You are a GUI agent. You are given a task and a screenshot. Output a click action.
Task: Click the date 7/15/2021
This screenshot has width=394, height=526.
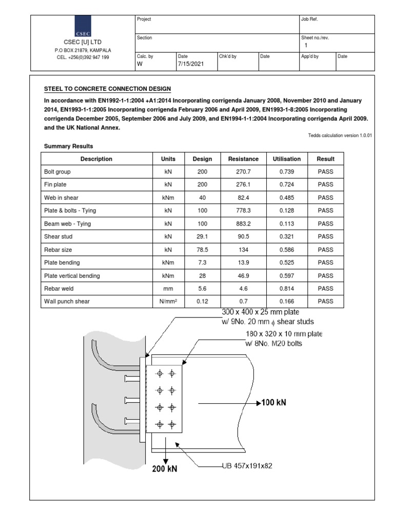point(187,64)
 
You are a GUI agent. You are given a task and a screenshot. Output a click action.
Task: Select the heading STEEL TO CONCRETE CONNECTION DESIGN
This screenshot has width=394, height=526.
point(108,89)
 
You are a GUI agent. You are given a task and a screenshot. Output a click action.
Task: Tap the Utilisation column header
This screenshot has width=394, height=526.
point(287,159)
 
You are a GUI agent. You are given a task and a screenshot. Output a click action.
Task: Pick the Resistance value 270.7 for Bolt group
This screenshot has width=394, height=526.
point(243,172)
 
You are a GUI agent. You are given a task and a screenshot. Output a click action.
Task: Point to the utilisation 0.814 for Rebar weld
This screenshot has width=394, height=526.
point(287,289)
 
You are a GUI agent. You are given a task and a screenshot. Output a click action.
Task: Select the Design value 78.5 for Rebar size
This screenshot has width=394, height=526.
point(202,250)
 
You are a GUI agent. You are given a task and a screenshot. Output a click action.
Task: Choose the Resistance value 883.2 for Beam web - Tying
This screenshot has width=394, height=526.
point(243,224)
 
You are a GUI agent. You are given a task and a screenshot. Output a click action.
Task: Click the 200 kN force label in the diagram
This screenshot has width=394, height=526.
point(165,468)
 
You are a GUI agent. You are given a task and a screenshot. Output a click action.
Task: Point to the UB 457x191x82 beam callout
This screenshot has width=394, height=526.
point(244,466)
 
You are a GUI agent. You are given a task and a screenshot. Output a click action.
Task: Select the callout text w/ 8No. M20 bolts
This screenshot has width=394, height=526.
point(274,344)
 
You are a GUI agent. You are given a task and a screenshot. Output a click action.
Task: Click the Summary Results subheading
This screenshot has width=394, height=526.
point(68,146)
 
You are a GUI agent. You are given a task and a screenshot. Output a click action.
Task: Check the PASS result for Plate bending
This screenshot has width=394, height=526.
point(325,262)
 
